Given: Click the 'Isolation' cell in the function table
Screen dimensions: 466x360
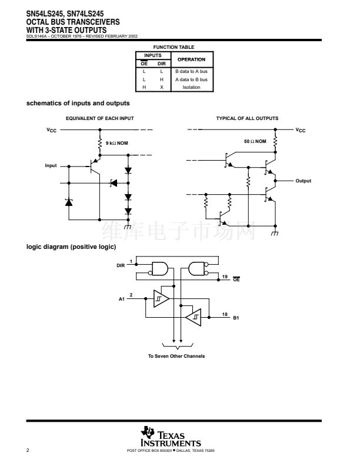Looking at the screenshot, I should tap(191, 87).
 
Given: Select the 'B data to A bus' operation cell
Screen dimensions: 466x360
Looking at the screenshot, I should tap(191, 71).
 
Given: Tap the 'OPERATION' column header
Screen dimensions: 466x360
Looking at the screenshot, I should tap(191, 59).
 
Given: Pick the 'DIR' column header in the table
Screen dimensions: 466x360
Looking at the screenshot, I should tap(162, 63).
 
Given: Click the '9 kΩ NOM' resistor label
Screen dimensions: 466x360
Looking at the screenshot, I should tap(116, 143).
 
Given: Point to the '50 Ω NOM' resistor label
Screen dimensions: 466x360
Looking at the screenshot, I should tap(255, 141).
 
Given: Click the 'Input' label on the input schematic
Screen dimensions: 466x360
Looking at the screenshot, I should tap(51, 165).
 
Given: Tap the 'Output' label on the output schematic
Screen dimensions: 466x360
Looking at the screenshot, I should tap(303, 181).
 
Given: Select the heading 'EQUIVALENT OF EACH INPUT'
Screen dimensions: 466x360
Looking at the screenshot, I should tap(99, 118).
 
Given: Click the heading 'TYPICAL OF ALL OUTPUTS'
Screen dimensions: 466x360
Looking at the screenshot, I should tap(247, 118).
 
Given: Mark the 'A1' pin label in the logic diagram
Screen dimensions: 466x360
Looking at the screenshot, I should tap(122, 299).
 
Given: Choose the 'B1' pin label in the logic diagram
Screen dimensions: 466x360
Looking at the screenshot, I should tap(236, 318).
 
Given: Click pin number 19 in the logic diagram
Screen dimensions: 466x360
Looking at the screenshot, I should tap(225, 276).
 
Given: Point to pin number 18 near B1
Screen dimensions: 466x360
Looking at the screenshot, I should tap(225, 315).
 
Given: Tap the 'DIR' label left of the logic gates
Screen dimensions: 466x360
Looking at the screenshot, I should tap(121, 266).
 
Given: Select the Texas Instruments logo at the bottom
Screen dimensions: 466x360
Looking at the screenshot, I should tap(171, 437).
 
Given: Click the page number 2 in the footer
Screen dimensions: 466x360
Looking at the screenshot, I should tap(28, 450).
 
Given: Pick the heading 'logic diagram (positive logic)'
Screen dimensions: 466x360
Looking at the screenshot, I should tap(71, 247).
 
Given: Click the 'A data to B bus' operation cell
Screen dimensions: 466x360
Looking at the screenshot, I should tap(191, 79).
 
